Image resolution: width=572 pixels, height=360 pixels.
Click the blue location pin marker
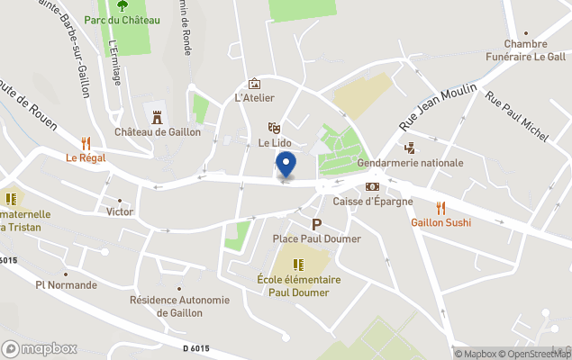[286, 165]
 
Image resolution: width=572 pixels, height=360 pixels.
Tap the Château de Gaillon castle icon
[157, 116]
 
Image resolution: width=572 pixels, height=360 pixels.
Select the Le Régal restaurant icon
[86, 142]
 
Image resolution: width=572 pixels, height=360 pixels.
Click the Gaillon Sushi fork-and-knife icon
[440, 208]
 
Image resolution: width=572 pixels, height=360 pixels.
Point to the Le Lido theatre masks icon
[274, 129]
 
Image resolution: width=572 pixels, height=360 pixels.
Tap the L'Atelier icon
[254, 83]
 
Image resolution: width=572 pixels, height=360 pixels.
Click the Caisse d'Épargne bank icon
[372, 186]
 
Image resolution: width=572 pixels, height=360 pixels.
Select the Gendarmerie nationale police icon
[410, 148]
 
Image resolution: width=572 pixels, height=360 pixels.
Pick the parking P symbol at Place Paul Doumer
[316, 224]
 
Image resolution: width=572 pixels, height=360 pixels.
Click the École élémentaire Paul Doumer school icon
[298, 264]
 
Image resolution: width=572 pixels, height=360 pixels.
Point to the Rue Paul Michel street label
[517, 116]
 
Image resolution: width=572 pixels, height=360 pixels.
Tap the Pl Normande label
[66, 285]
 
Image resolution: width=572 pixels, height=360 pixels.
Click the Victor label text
[120, 211]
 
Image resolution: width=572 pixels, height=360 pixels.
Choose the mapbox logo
[40, 348]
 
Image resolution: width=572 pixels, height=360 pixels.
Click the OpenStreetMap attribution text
[531, 354]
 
